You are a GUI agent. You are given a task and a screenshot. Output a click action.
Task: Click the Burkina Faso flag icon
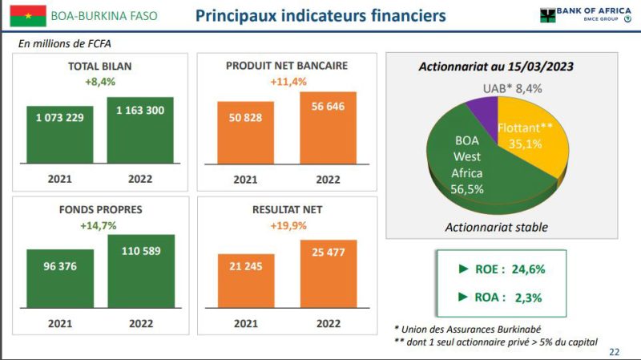click(x=28, y=16)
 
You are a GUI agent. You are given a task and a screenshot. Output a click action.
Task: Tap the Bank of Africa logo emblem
click(x=547, y=15)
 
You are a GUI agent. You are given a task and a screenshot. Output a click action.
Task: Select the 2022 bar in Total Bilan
click(x=140, y=130)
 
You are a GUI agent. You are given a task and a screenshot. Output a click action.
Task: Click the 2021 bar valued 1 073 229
click(x=59, y=135)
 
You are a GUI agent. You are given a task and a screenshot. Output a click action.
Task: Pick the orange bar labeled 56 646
click(x=328, y=128)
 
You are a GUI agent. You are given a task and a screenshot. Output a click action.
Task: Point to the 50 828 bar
click(x=245, y=133)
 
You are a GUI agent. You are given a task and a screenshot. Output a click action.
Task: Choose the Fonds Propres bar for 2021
click(x=60, y=278)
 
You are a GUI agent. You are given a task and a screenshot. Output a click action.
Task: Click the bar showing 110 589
click(x=141, y=271)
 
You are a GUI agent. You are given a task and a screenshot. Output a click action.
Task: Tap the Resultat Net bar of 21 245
click(x=246, y=281)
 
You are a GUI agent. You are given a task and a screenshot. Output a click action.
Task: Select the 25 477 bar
click(x=329, y=274)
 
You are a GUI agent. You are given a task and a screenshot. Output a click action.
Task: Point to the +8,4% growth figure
click(x=100, y=82)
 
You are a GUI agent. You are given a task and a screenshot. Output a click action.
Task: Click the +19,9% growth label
click(x=288, y=225)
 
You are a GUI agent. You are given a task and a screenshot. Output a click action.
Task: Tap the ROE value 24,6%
click(x=528, y=269)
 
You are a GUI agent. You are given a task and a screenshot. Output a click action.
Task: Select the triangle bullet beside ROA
click(x=463, y=297)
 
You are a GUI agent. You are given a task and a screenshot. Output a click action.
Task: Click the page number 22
click(x=614, y=352)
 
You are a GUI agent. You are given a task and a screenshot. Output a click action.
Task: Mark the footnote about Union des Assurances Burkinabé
click(x=468, y=330)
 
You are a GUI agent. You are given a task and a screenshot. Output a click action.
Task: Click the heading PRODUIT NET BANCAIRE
click(x=287, y=66)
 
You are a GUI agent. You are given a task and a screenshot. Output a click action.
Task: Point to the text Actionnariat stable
click(x=496, y=228)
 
